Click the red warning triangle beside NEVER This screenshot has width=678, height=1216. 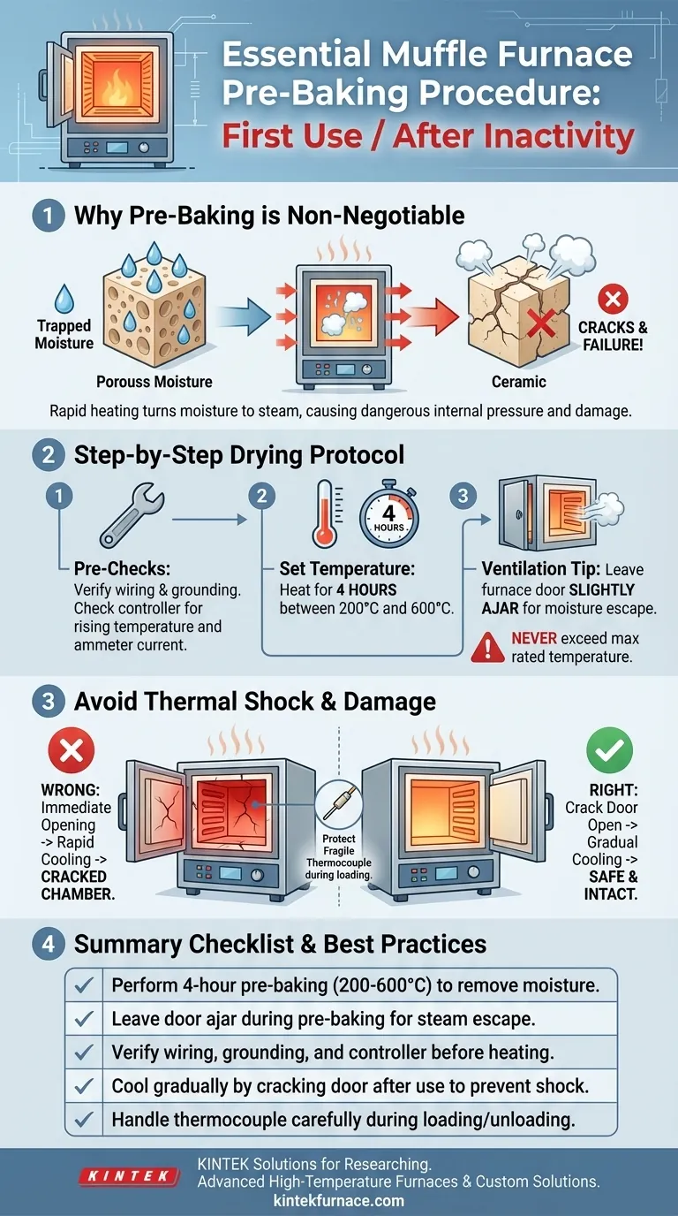click(488, 647)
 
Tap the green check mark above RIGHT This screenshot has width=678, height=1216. click(609, 751)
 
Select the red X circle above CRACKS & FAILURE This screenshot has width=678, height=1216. click(612, 299)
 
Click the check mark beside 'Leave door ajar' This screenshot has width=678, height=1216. click(86, 1019)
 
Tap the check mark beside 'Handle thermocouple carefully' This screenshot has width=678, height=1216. click(86, 1120)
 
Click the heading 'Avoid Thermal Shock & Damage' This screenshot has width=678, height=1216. click(255, 702)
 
